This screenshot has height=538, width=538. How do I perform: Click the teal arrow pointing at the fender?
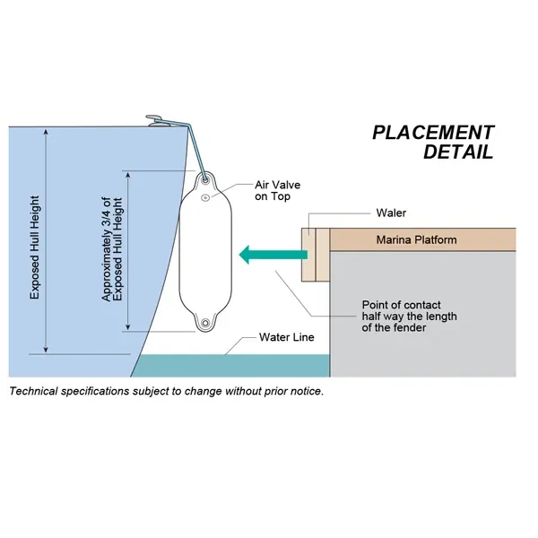click(269, 256)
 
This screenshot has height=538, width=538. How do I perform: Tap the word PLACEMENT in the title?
click(433, 133)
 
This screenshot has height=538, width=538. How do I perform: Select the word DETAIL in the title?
click(458, 152)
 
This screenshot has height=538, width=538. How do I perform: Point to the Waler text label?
click(391, 213)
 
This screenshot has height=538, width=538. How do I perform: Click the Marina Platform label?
click(415, 239)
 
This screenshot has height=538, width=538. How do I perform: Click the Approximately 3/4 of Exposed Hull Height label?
click(111, 248)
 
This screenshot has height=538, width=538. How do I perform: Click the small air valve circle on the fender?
click(206, 196)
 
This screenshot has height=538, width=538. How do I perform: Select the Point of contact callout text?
click(402, 315)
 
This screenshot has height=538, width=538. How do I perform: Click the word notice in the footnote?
click(303, 392)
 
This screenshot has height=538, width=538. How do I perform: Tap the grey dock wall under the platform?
click(421, 314)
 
